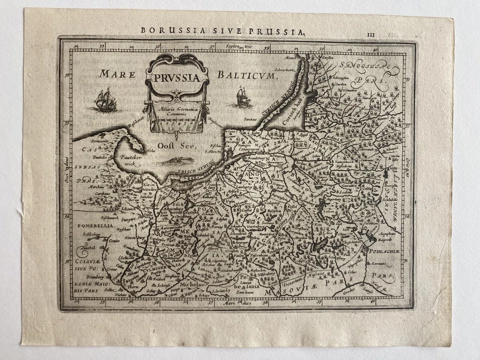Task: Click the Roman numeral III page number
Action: pos(370,34)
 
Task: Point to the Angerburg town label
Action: pos(339,198)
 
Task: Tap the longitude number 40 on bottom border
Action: pos(374,302)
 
